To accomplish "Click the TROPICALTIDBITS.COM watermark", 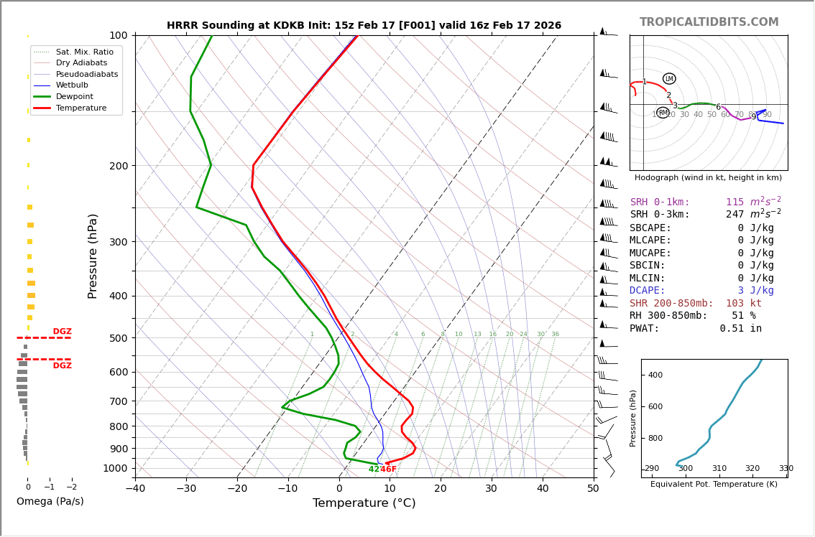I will coord(709,22).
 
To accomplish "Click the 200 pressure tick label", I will coord(119,166).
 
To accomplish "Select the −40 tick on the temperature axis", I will coord(135,490).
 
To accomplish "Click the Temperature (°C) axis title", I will coord(364,504).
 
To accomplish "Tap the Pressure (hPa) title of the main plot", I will coord(93,256).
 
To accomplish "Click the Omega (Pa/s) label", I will coord(50,502).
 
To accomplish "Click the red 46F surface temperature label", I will coord(388,470).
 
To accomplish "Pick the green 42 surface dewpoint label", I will coord(374,470).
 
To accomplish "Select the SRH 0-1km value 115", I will coord(735,202).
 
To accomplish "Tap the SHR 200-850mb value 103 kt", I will coord(743,304).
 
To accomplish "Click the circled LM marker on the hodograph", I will coord(669,79).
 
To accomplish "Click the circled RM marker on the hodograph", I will coord(663,113).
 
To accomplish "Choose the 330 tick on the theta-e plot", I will coord(786,469).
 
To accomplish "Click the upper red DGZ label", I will coord(62,332).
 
